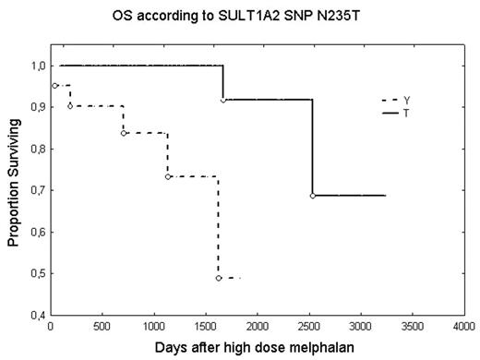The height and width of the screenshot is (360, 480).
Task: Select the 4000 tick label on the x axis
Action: click(x=464, y=328)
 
